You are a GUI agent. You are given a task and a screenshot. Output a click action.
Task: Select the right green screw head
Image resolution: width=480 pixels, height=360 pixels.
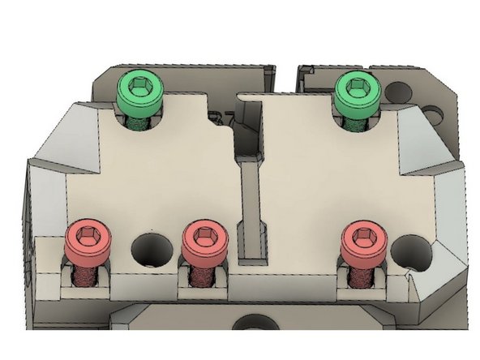coord(357,91)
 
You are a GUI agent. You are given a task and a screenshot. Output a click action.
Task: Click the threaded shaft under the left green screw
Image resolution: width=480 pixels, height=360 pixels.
coord(140,122)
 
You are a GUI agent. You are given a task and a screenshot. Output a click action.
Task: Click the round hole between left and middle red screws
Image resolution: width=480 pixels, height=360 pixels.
coord(149,246)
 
